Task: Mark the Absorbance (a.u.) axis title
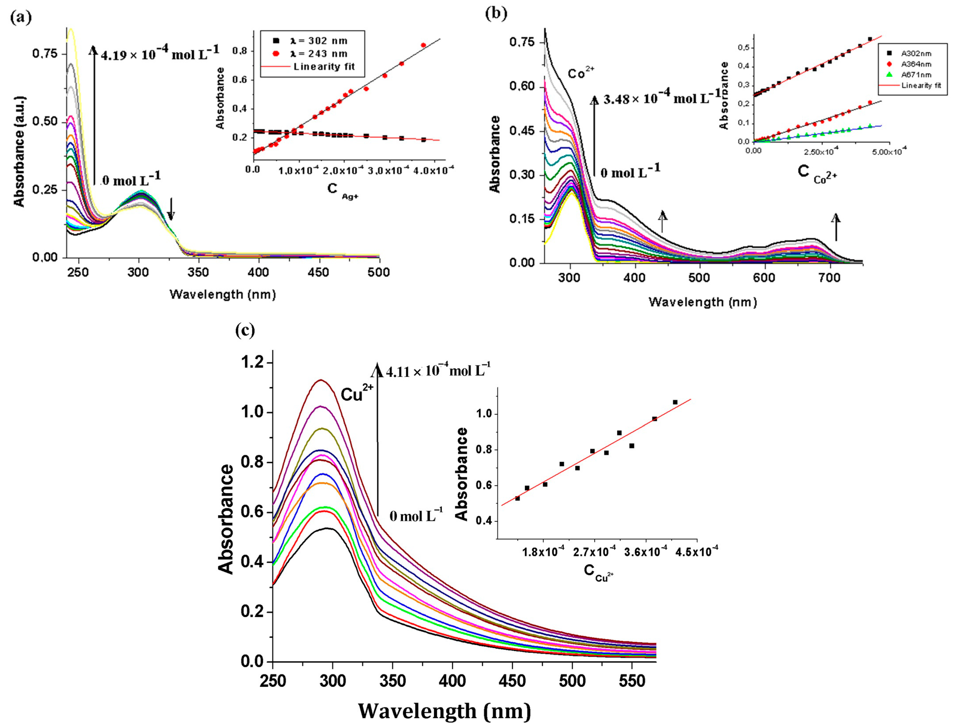(19, 152)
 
